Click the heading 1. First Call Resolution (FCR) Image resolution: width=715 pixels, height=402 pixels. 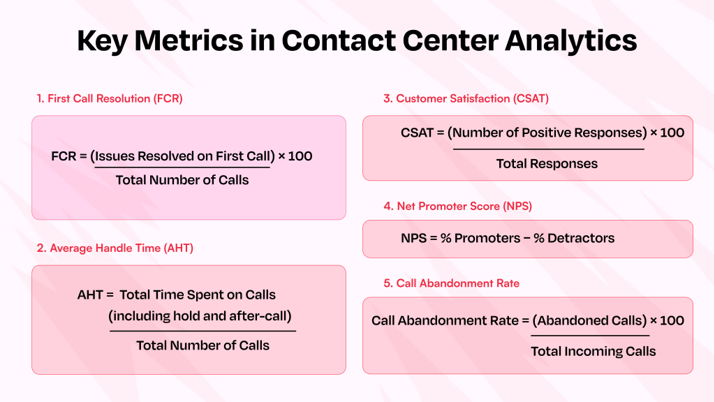pyautogui.click(x=110, y=98)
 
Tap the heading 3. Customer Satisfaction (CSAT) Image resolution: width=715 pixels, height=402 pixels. pyautogui.click(x=466, y=98)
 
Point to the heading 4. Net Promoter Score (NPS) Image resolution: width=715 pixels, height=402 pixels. pyautogui.click(x=461, y=206)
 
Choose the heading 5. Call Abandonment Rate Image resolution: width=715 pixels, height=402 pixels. pyautogui.click(x=451, y=283)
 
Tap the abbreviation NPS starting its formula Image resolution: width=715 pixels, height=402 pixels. pyautogui.click(x=414, y=238)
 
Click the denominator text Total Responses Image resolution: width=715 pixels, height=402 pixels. pyautogui.click(x=547, y=164)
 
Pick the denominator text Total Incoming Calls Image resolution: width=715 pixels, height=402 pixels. pyautogui.click(x=593, y=351)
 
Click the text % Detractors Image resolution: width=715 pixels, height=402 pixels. pyautogui.click(x=574, y=238)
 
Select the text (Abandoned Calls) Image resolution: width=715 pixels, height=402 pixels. pyautogui.click(x=589, y=320)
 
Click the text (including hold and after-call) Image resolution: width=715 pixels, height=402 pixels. pyautogui.click(x=200, y=315)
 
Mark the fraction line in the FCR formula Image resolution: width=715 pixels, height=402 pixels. pyautogui.click(x=182, y=167)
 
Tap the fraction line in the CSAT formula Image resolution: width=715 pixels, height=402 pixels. pyautogui.click(x=548, y=149)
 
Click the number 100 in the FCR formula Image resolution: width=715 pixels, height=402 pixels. pyautogui.click(x=300, y=156)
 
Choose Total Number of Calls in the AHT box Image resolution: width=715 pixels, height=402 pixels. pyautogui.click(x=202, y=345)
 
